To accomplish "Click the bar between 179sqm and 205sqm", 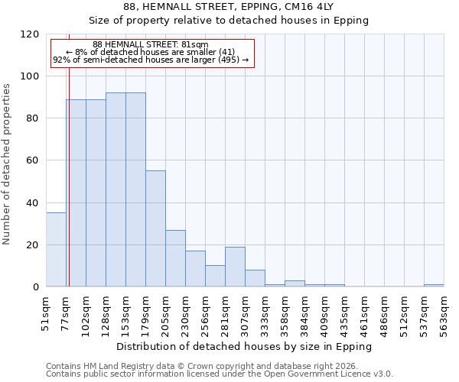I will click(155, 228).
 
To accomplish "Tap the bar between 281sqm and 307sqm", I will click(235, 267).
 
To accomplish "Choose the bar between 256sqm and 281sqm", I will click(215, 276).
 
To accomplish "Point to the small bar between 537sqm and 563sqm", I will click(434, 286).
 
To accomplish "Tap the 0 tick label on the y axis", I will click(37, 287).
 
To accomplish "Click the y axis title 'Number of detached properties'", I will click(8, 164).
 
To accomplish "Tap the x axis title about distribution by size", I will click(245, 346).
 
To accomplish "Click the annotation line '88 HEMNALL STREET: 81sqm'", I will click(150, 45).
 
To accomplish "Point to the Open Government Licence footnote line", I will click(220, 374).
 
